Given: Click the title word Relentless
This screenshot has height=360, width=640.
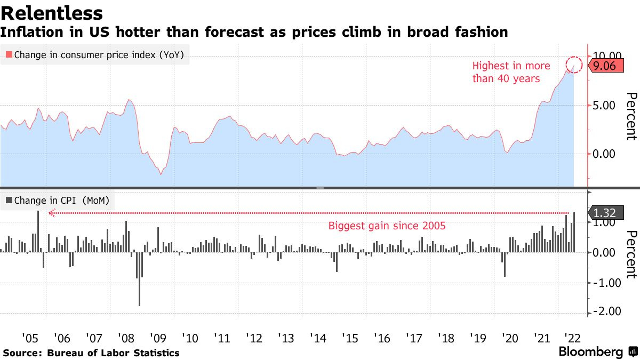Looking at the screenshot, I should coord(52,13).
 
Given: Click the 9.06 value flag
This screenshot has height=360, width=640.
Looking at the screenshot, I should coord(605,66).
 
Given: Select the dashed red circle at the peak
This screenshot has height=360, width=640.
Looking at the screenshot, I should coord(574,65).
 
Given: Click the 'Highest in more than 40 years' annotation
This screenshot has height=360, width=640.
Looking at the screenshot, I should coord(511,72).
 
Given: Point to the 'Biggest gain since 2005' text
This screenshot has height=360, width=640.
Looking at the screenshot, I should coord(387,226).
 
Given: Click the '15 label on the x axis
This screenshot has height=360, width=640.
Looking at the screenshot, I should coord(349,338).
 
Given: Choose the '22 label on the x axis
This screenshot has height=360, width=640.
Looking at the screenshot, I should coord(573,338).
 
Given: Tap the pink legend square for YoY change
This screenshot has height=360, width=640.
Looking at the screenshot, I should coord(9,54).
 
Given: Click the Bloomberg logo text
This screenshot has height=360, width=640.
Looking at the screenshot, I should coord(590,352).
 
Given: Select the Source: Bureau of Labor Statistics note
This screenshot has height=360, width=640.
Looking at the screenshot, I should coord(91,353).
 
